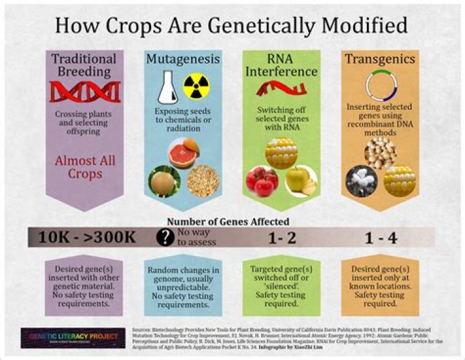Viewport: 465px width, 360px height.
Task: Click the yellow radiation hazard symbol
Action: (196, 87)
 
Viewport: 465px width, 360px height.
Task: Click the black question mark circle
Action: (166, 237)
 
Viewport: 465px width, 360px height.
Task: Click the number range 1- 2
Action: (282, 238)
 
